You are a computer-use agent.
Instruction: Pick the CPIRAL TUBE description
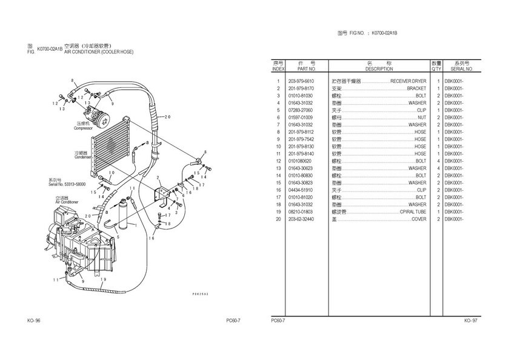point(413,212)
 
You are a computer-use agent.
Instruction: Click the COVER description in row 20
point(419,219)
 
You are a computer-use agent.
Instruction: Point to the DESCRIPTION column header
point(379,69)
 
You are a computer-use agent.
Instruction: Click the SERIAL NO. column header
point(462,69)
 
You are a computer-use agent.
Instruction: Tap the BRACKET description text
point(416,88)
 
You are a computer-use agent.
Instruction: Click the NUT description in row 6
point(422,118)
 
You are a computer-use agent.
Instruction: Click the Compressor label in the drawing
point(83,128)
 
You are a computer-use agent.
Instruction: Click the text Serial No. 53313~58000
point(67,184)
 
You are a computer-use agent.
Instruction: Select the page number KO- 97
point(471,320)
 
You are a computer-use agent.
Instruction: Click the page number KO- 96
point(34,320)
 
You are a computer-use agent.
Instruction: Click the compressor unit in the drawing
point(95,114)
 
